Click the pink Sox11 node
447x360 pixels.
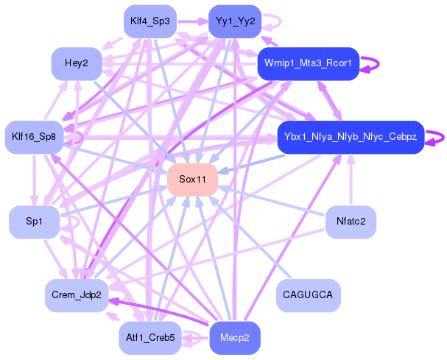click(x=192, y=180)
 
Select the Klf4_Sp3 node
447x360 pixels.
click(x=149, y=21)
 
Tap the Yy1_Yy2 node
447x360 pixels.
click(x=235, y=21)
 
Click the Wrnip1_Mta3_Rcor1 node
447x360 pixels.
click(x=308, y=63)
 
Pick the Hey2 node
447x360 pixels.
click(x=77, y=64)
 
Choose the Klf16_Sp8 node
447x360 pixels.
click(x=35, y=137)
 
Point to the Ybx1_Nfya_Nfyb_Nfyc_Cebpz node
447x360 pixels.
click(x=351, y=137)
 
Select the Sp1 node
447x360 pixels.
click(x=34, y=222)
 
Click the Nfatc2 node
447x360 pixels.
click(x=351, y=222)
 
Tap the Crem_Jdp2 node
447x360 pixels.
click(x=77, y=294)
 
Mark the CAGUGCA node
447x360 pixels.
click(x=308, y=294)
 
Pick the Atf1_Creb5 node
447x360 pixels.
click(x=149, y=338)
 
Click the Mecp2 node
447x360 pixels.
click(x=235, y=338)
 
